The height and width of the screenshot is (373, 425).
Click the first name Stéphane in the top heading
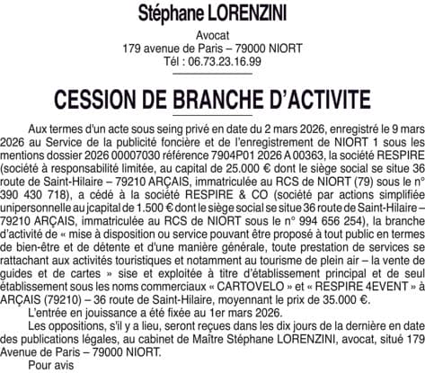[x=170, y=13]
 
